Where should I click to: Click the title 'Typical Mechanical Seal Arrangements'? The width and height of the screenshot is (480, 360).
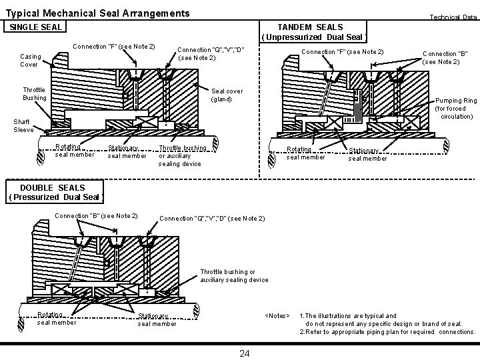click(x=97, y=13)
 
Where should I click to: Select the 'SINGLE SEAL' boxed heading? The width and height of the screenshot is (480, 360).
click(x=35, y=27)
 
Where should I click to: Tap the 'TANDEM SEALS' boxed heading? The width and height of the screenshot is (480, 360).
click(x=310, y=31)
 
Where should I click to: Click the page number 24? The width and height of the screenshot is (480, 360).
click(x=244, y=353)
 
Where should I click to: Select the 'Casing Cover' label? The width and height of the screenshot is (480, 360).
click(x=29, y=61)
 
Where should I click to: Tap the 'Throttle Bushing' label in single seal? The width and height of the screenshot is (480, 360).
click(x=34, y=94)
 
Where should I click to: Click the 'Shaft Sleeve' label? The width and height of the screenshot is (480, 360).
click(x=23, y=126)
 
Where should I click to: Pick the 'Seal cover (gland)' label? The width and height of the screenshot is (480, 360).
click(x=227, y=95)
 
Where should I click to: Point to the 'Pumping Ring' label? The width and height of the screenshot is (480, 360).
click(x=456, y=108)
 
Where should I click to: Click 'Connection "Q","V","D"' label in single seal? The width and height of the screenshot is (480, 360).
click(x=211, y=54)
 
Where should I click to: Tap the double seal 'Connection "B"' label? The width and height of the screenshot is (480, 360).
click(x=96, y=215)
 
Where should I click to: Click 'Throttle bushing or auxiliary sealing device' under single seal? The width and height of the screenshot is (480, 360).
click(x=182, y=155)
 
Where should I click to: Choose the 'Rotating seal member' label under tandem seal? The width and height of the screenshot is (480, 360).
click(x=305, y=153)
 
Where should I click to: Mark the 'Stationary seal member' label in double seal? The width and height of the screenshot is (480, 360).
click(x=157, y=320)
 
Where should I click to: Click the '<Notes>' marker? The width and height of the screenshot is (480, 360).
click(x=277, y=315)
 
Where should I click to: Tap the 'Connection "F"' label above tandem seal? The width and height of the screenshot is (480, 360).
click(x=343, y=51)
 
